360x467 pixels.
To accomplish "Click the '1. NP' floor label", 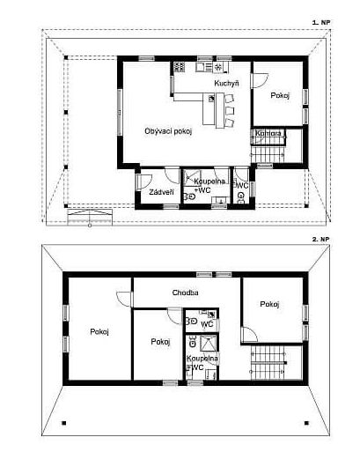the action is point(321,22).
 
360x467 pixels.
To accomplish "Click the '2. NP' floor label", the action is point(321,239).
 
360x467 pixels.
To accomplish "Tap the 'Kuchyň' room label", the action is point(226,83).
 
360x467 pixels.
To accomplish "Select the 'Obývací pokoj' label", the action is point(168,131).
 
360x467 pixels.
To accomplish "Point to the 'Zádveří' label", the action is point(161,192).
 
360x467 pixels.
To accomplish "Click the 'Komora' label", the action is point(268,133).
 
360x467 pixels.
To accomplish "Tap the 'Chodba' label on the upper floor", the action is point(186,293).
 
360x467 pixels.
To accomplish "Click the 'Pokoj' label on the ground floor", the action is point(280,95).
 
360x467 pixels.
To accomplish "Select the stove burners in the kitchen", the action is point(179,66).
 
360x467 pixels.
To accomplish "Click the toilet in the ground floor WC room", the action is point(240,197).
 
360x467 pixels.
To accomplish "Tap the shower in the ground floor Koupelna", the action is point(192,178).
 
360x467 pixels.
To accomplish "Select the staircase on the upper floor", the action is point(268,363).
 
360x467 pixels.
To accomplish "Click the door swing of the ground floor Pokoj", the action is point(261,80).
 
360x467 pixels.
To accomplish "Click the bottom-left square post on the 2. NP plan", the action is point(63,423).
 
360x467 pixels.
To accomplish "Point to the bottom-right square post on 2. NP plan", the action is point(306,423).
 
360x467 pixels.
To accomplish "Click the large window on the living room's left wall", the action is point(120,112).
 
